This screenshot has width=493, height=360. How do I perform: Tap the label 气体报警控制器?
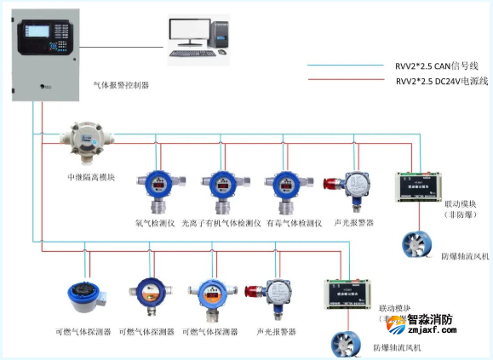click(121, 85)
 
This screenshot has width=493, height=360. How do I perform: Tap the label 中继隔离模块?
click(90, 177)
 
